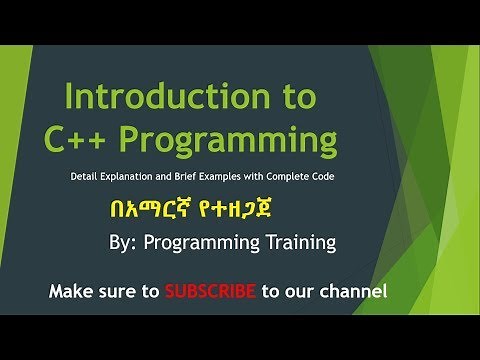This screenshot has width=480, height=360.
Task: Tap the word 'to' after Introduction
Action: (303, 98)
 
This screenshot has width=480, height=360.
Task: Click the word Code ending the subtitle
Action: (360, 177)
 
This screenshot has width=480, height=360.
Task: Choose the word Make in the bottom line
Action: (73, 292)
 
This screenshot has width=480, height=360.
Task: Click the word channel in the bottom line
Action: (351, 292)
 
